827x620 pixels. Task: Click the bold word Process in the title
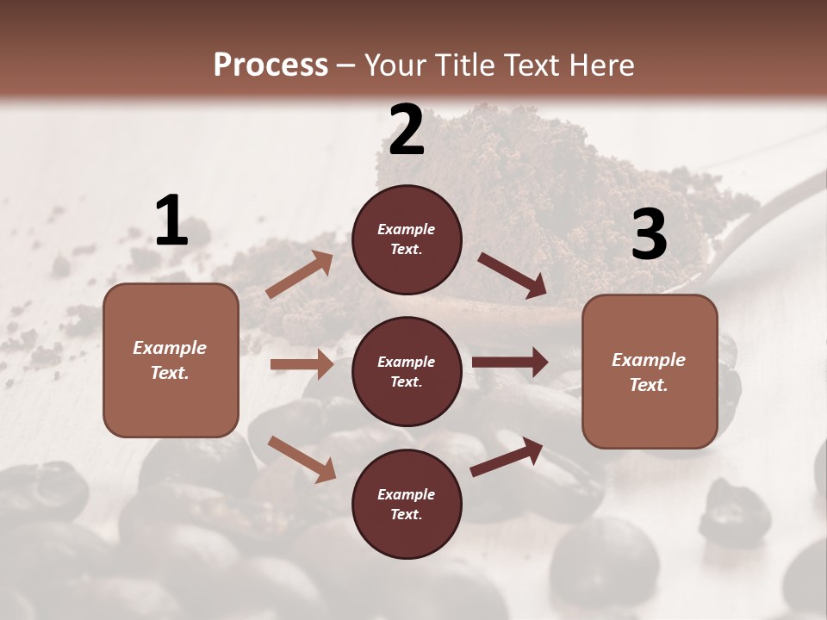tap(270, 65)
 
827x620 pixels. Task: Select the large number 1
tap(171, 221)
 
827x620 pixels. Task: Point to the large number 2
tap(407, 130)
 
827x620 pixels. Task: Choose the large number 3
tap(649, 235)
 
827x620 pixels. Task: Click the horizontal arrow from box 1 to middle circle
tap(302, 364)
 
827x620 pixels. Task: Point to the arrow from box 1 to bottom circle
tap(302, 458)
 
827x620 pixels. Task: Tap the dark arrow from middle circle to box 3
tap(510, 363)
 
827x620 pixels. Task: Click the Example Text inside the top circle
tap(407, 239)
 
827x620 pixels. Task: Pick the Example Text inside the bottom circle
tap(407, 505)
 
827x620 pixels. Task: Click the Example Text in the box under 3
tap(649, 372)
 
